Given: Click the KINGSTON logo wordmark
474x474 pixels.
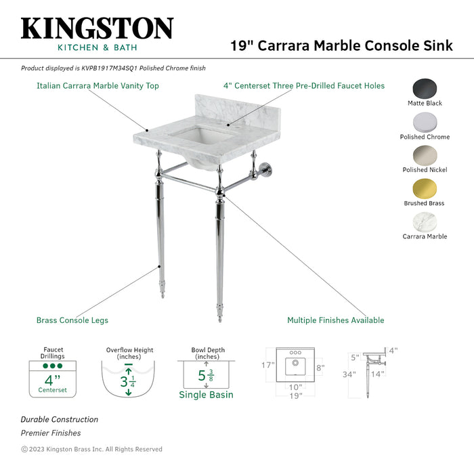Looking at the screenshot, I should click(x=97, y=28).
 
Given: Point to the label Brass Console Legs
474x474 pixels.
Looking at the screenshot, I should click(x=72, y=320).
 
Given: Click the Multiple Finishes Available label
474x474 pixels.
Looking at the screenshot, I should click(x=335, y=320).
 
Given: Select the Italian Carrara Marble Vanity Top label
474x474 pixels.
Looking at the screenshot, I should click(x=98, y=86).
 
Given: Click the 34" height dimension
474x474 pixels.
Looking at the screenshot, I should click(x=348, y=374).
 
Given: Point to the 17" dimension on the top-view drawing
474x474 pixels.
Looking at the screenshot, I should click(x=269, y=365).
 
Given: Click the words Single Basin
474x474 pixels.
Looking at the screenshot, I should click(x=206, y=395).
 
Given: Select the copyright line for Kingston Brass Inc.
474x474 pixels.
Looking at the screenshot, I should click(x=91, y=449).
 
